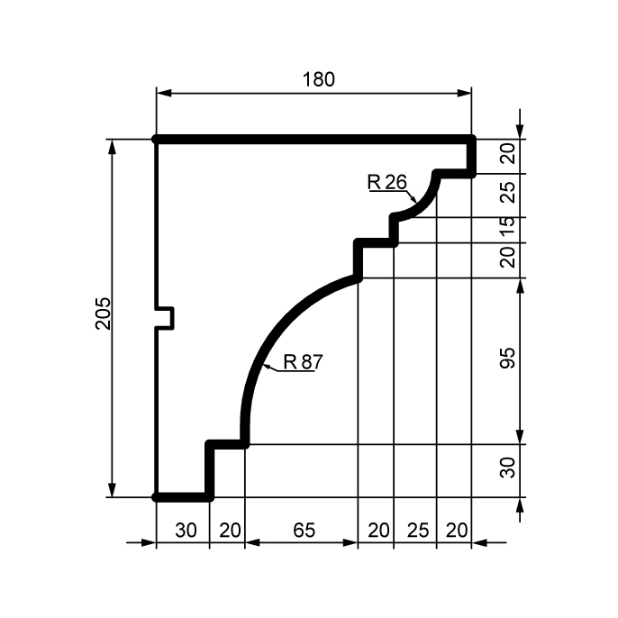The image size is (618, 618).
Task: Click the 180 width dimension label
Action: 319,79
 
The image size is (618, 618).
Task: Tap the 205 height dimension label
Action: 104,314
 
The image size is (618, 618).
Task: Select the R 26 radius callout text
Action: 387,182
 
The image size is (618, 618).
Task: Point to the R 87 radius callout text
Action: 303,362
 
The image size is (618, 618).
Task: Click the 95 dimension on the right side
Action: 508,358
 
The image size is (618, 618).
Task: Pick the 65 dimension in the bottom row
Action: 304,530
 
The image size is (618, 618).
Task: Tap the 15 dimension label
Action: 508,227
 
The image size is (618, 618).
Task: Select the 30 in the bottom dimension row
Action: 186,530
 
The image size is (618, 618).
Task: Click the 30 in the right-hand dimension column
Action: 508,468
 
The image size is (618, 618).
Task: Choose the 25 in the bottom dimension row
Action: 418,530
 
